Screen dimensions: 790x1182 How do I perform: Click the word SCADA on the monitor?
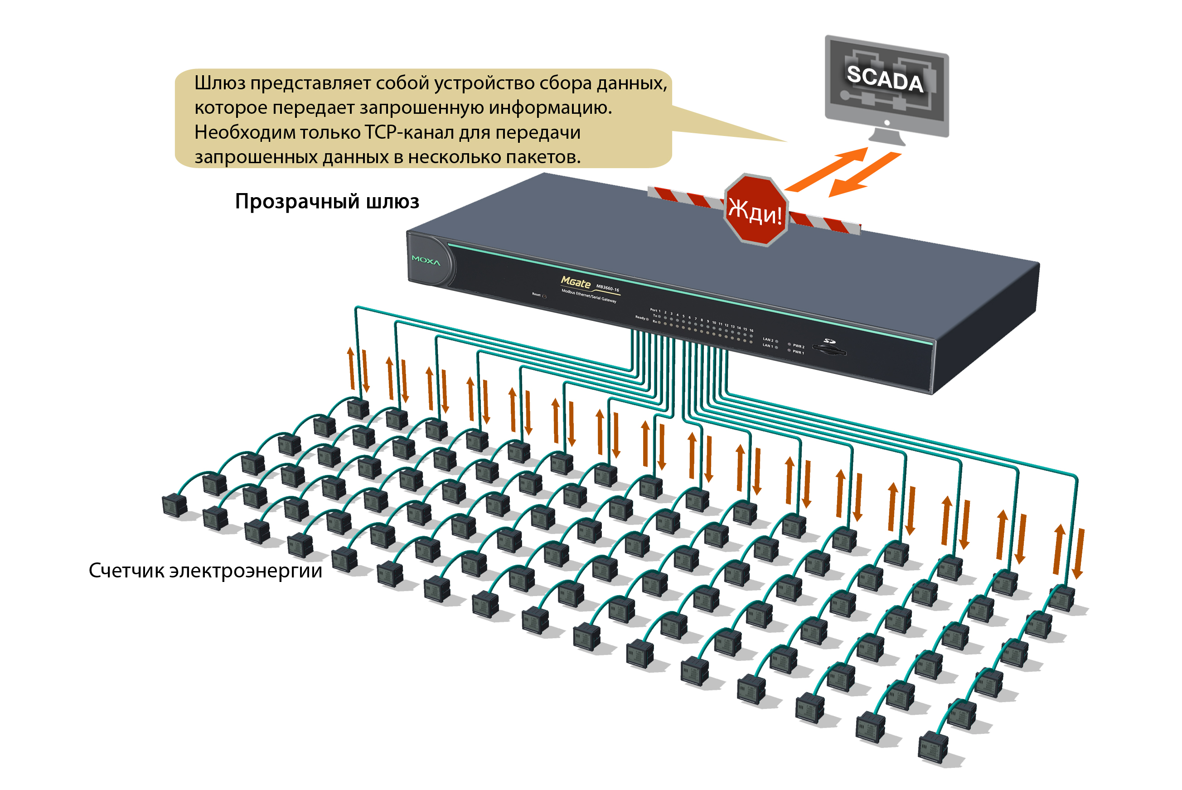[885, 78]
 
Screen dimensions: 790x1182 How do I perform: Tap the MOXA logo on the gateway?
[426, 261]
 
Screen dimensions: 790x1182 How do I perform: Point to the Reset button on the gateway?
[544, 296]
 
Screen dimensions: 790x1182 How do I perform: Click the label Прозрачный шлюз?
[327, 202]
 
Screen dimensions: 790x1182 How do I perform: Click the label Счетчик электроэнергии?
[206, 571]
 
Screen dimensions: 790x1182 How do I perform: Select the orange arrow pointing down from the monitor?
[864, 175]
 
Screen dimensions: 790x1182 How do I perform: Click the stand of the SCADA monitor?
[887, 136]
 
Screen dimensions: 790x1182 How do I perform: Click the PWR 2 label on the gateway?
[799, 346]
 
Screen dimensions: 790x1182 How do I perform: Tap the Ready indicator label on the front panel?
[640, 317]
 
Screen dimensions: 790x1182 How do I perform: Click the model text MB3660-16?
[608, 288]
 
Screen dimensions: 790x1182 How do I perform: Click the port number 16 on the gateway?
[751, 330]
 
